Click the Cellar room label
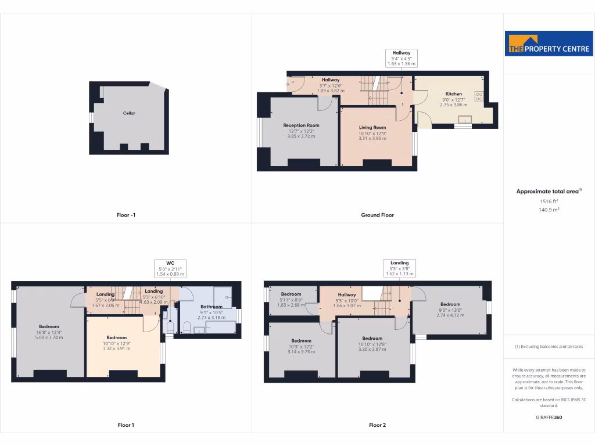[x=129, y=113]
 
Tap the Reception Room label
[x=301, y=125]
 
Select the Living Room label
[x=372, y=128]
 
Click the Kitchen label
[x=453, y=94]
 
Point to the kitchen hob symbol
[x=479, y=96]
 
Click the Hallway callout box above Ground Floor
[x=401, y=59]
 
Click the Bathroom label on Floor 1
[x=211, y=307]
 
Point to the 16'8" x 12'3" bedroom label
[x=49, y=326]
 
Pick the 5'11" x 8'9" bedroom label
[x=291, y=294]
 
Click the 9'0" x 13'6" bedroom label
[x=450, y=304]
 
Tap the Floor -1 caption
[x=126, y=215]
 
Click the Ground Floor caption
[x=377, y=215]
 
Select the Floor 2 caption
[x=377, y=425]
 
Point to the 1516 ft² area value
[x=549, y=201]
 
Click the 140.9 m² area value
[x=549, y=210]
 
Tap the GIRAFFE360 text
[x=549, y=417]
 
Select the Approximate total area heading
[x=549, y=191]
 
